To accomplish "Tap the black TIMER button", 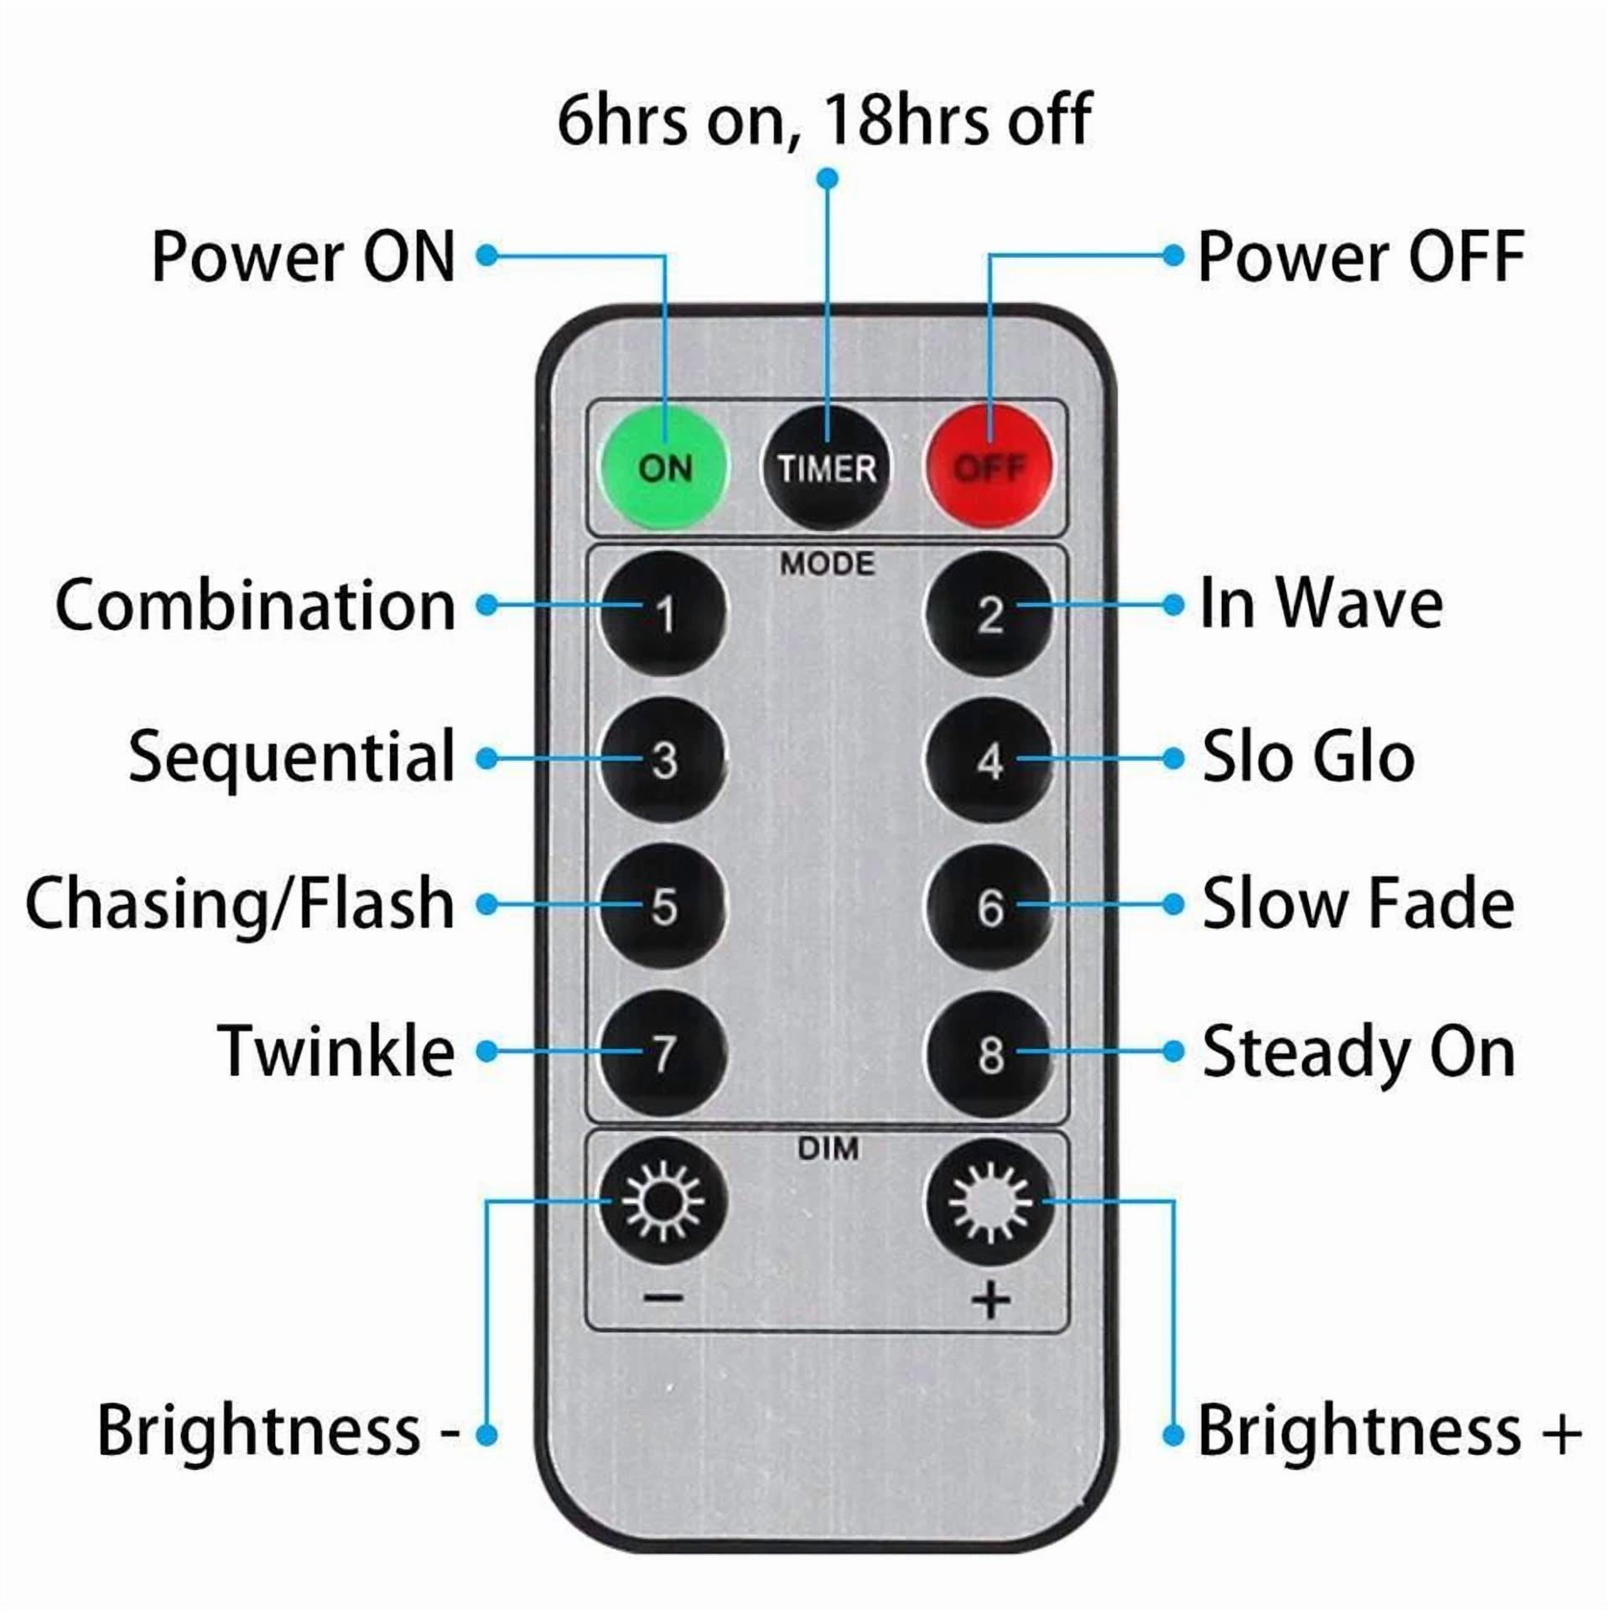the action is (826, 466).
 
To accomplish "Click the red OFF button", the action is (989, 466).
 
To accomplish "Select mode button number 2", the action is (989, 615).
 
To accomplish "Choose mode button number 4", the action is (989, 761).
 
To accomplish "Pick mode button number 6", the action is (989, 906).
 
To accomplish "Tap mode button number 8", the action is (989, 1053).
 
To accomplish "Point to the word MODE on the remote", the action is (827, 563).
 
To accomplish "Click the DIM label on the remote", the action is (828, 1148).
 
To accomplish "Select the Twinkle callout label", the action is (336, 1051).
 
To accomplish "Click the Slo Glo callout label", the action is (1308, 757).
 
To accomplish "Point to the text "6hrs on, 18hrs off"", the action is (824, 119).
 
